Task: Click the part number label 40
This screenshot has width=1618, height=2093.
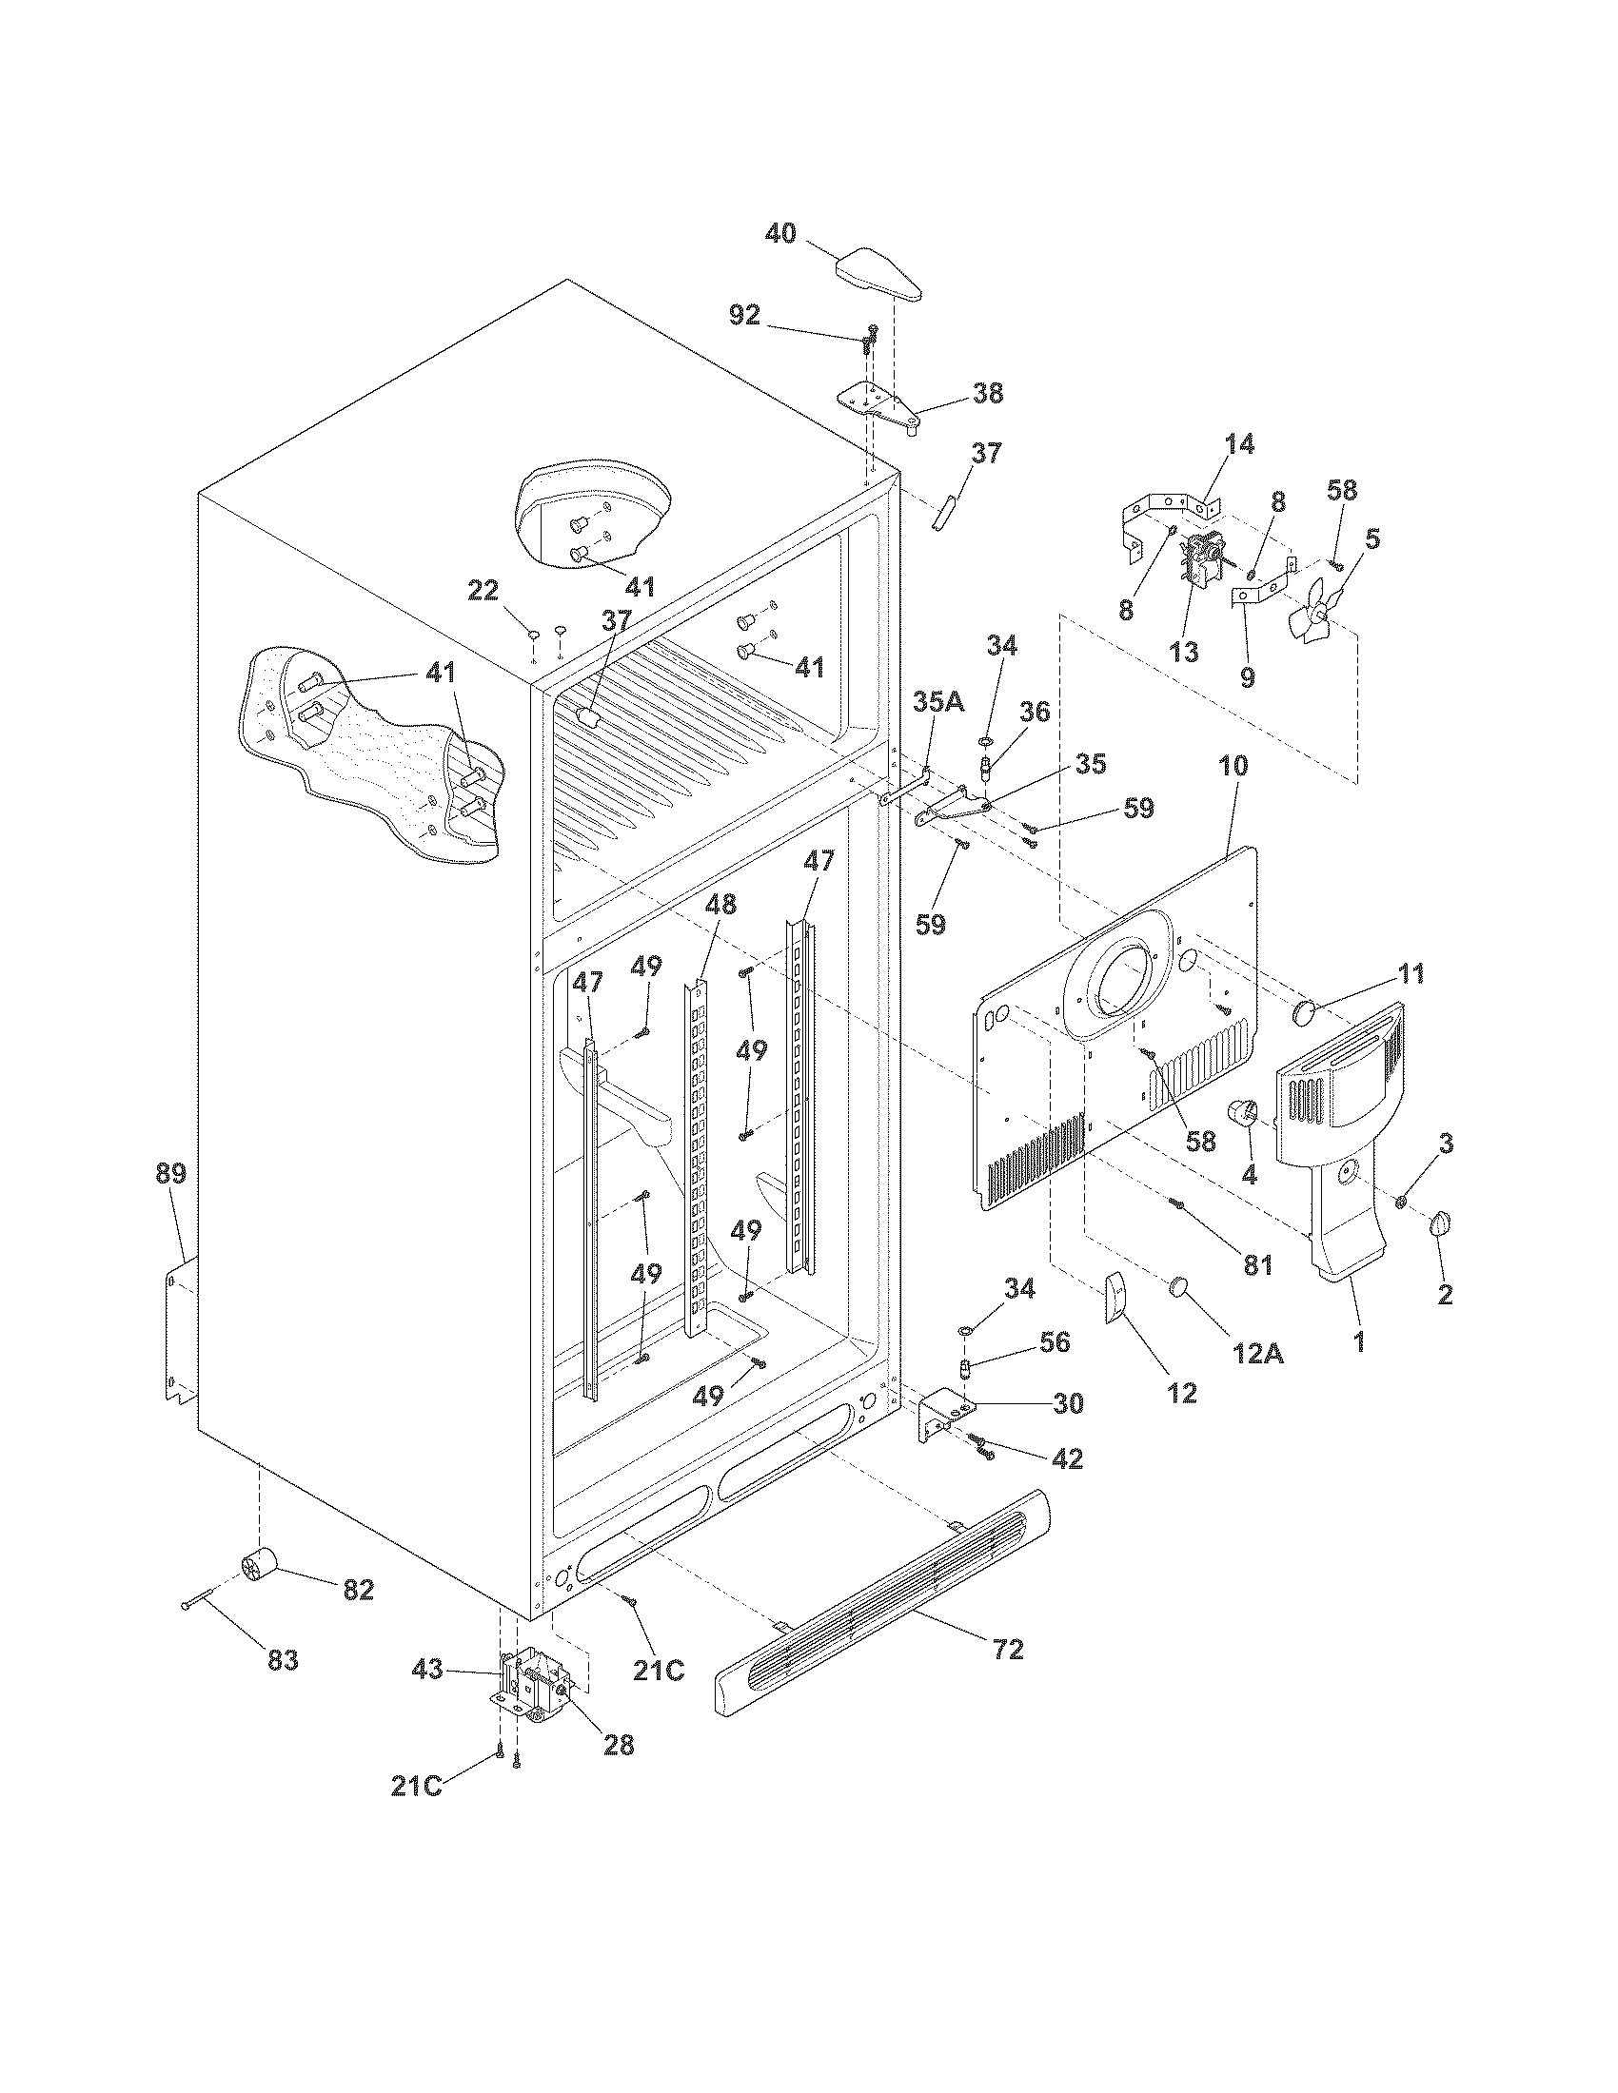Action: [x=781, y=233]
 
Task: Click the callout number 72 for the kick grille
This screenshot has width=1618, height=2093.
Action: [x=1008, y=1650]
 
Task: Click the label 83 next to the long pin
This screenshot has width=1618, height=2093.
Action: [x=283, y=1660]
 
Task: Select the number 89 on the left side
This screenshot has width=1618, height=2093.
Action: [x=172, y=1173]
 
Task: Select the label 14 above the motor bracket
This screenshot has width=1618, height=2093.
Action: [x=1238, y=444]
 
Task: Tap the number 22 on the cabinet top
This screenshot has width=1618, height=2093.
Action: [x=483, y=592]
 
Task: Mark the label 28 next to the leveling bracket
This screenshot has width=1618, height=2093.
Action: [x=620, y=1745]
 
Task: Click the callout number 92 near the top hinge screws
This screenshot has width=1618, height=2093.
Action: [x=744, y=315]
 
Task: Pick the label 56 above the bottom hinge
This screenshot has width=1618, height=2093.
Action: [x=1055, y=1341]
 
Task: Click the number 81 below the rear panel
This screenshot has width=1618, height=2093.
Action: [x=1256, y=1265]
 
